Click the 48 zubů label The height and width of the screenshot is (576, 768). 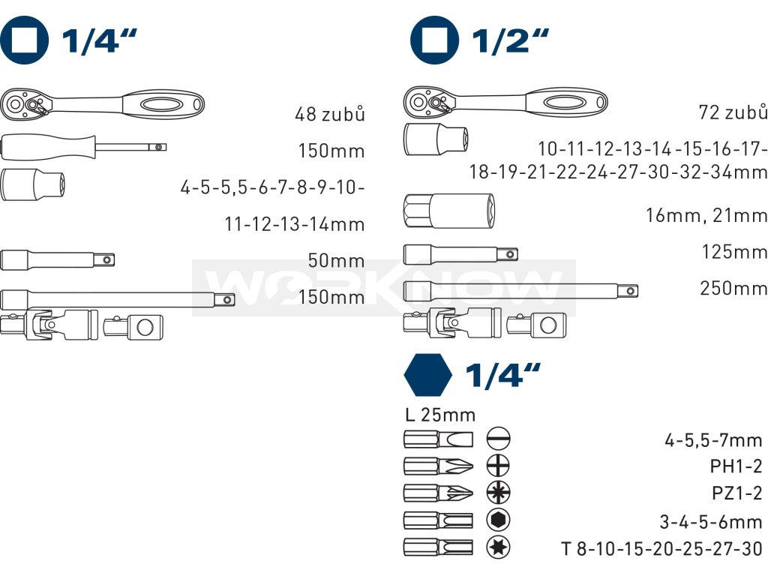coord(330,115)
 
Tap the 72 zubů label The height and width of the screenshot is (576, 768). coord(733,112)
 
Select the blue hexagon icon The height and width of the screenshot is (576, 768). coord(427,375)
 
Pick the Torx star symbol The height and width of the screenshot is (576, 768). coord(498,547)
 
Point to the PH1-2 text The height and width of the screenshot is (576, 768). coord(736,466)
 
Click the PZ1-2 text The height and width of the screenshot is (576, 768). coord(736,493)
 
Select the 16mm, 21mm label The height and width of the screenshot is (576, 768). coord(706,216)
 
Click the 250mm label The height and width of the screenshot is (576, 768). coord(733,289)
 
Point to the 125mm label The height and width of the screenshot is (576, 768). coord(734,252)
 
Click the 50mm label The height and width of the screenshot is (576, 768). coord(336,261)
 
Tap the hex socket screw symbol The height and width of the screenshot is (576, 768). coord(498,520)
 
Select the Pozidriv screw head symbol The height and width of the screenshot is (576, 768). coord(498,493)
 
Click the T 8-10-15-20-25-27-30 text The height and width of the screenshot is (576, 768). coord(661,549)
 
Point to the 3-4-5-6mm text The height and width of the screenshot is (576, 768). coord(711,522)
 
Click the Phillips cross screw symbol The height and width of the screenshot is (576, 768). coord(498,465)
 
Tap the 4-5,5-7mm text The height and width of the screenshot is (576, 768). coord(713,440)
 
